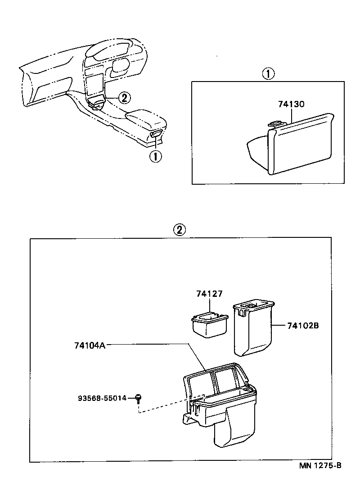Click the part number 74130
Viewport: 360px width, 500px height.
click(x=292, y=104)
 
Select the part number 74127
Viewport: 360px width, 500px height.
click(x=209, y=294)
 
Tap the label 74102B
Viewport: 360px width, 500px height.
click(x=303, y=325)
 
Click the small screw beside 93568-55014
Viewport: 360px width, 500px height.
click(x=139, y=397)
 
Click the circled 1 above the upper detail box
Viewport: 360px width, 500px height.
click(x=268, y=73)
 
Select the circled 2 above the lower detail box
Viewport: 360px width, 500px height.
click(x=179, y=230)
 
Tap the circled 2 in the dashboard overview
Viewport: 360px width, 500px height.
click(x=125, y=97)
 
